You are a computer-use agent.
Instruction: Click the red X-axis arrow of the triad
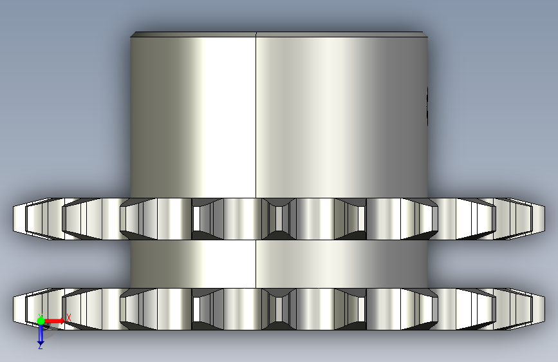54,321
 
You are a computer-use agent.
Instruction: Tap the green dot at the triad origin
41,321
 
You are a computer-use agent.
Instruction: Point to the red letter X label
69,318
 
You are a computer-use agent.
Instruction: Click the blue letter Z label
40,347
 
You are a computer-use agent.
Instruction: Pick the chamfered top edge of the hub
279,35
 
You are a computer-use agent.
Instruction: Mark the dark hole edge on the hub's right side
427,106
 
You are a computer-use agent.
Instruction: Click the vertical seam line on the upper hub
256,116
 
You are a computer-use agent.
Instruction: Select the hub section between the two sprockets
279,264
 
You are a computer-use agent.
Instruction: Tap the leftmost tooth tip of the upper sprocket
14,219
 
